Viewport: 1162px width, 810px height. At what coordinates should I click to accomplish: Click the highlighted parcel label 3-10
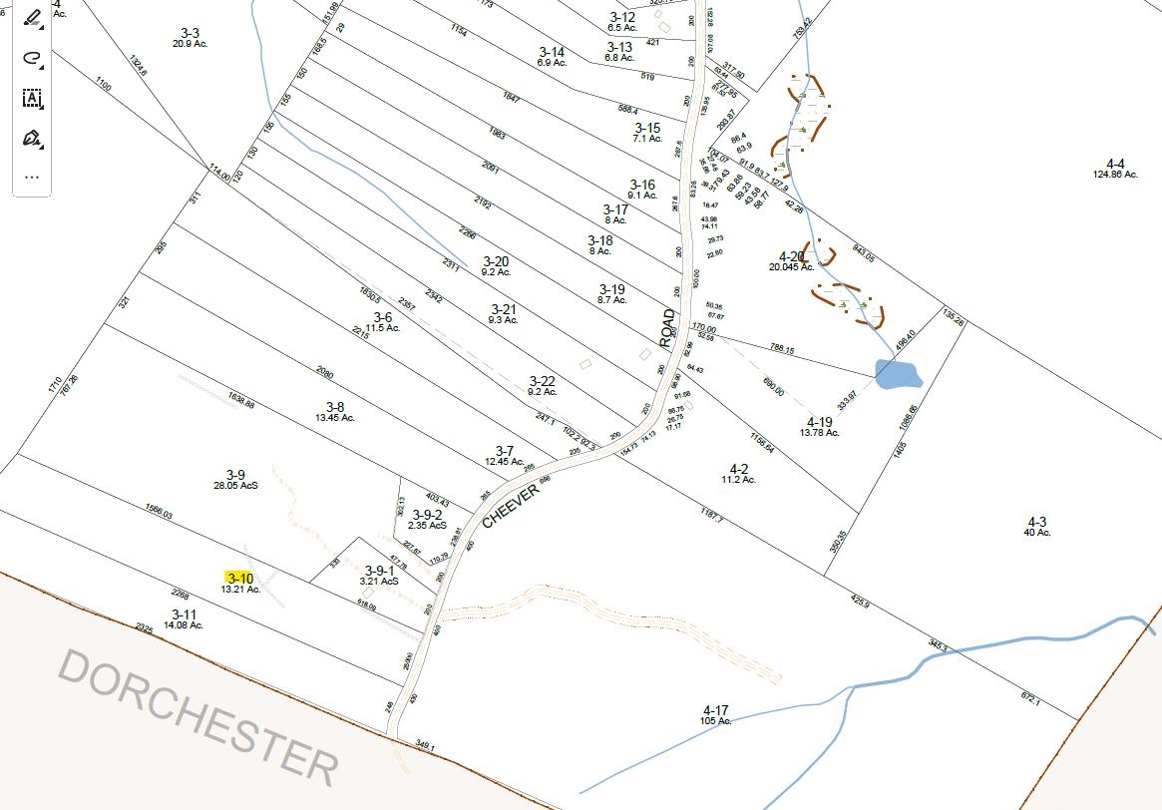(x=239, y=578)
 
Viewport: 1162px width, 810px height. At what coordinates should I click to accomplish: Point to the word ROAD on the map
(x=667, y=328)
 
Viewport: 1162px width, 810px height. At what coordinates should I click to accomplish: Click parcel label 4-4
(x=1115, y=164)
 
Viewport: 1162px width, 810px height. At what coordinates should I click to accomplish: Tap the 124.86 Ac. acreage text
(x=1115, y=175)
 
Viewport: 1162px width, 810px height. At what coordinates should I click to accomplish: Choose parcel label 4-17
(x=716, y=710)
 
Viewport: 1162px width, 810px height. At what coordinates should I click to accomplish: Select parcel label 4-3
(x=1037, y=522)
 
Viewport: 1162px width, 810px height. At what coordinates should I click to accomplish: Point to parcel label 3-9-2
(x=426, y=515)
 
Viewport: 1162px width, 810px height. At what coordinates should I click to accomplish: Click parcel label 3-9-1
(x=379, y=571)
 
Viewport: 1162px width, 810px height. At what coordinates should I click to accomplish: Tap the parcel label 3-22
(x=543, y=381)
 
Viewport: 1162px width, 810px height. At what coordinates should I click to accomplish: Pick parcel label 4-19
(x=820, y=422)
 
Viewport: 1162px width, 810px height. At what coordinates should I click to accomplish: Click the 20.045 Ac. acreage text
(x=791, y=267)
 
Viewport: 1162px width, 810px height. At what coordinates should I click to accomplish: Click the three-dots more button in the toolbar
(x=32, y=177)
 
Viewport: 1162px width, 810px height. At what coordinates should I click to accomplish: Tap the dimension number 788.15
(x=782, y=350)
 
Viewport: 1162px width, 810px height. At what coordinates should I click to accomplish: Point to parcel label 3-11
(x=184, y=614)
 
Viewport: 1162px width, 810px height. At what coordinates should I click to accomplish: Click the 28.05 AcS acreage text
(x=235, y=485)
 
